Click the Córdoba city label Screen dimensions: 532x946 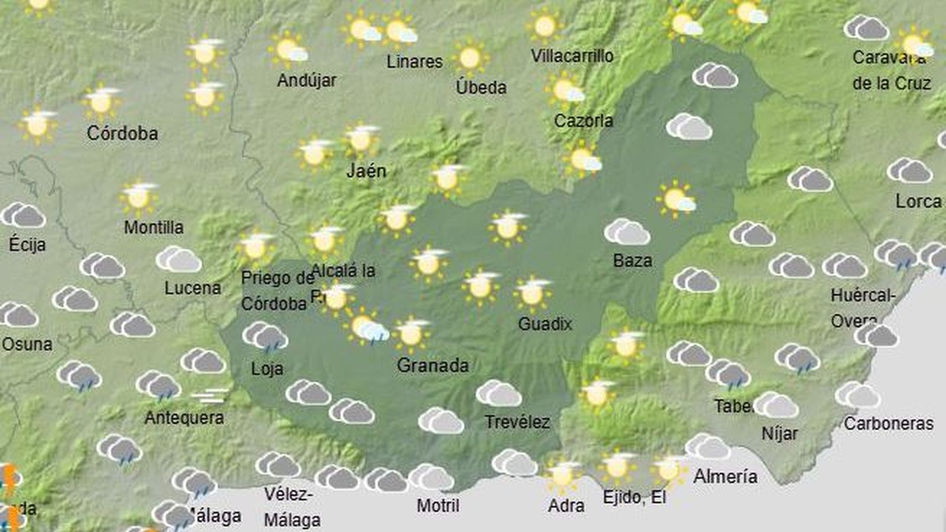pos(122,133)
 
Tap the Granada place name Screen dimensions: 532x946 pos(433,365)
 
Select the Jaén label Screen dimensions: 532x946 pos(366,171)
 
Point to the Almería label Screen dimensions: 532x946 pos(725,476)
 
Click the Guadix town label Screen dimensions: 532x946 pos(545,324)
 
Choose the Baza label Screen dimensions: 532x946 pos(633,261)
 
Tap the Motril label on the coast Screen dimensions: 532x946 pos(438,505)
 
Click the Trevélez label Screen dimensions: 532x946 pos(517,422)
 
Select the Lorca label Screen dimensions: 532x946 pos(918,202)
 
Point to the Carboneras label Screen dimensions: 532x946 pos(889,423)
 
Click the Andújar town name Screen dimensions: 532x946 pos(307,80)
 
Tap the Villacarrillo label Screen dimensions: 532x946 pos(572,56)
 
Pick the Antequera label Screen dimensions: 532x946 pos(184,418)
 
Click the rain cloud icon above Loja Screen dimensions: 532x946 pos(265,337)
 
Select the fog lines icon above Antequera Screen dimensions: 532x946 pos(210,395)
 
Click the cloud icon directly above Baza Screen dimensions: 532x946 pos(627,232)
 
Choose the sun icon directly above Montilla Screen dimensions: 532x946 pos(138,197)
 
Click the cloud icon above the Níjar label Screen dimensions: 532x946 pos(776,405)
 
